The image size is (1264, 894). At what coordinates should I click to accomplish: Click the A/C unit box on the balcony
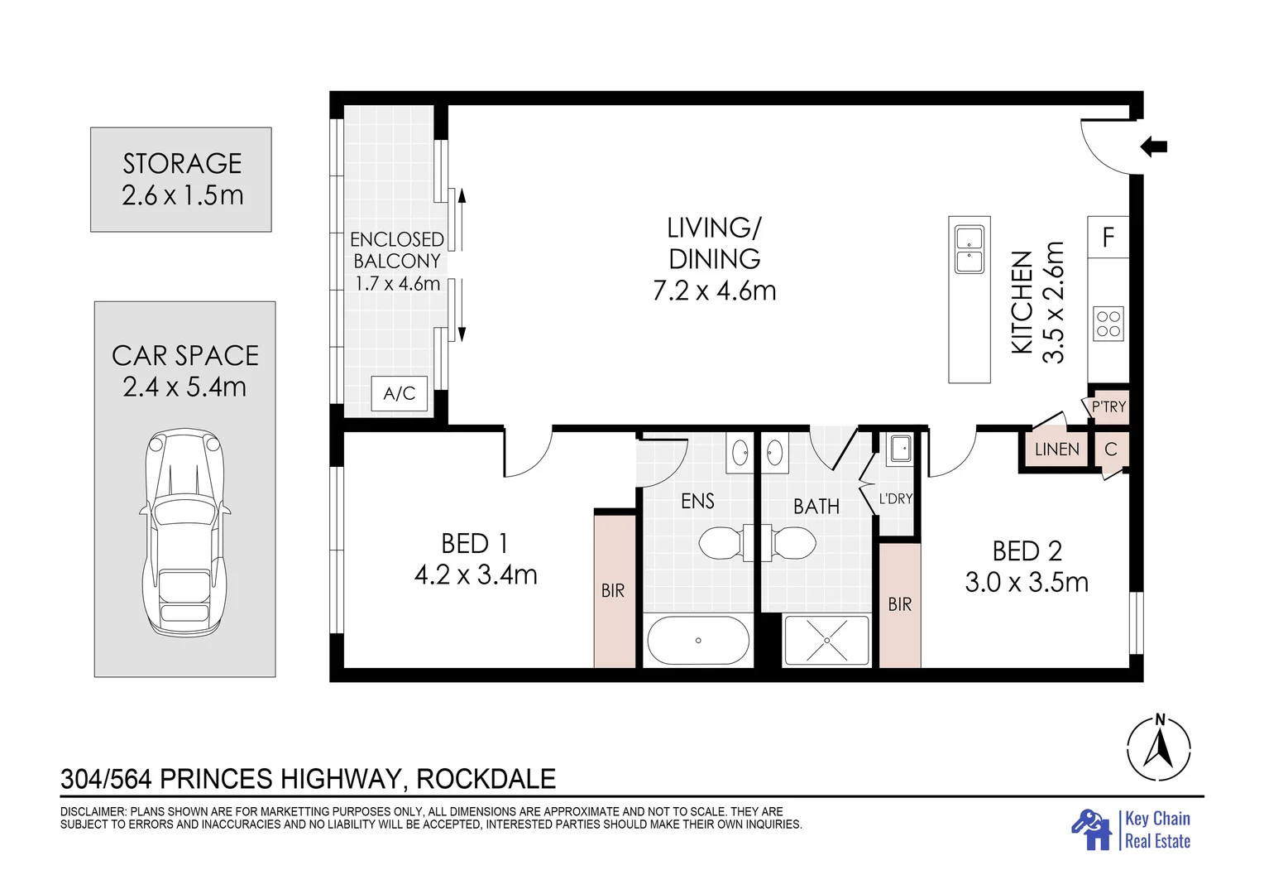(399, 393)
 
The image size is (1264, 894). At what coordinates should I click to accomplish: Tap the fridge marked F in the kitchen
(1108, 238)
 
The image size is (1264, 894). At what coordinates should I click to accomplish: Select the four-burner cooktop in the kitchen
(1108, 324)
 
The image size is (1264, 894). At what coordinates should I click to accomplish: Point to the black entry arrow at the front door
(1153, 147)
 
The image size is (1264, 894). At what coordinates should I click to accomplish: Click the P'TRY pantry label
(1108, 406)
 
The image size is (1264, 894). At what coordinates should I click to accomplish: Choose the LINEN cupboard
(1056, 449)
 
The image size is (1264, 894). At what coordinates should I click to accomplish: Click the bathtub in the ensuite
(698, 641)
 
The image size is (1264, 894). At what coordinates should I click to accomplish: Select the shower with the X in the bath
(826, 641)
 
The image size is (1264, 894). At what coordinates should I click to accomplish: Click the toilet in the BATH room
(788, 543)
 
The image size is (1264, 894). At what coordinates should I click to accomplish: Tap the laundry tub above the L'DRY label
(899, 449)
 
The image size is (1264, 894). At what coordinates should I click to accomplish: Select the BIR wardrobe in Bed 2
(900, 605)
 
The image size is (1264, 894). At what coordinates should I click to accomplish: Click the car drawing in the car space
(185, 532)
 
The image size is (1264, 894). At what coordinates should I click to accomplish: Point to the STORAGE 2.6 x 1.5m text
(182, 179)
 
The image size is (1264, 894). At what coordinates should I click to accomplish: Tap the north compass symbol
(1159, 748)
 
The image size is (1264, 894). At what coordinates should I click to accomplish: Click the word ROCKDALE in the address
(486, 779)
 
